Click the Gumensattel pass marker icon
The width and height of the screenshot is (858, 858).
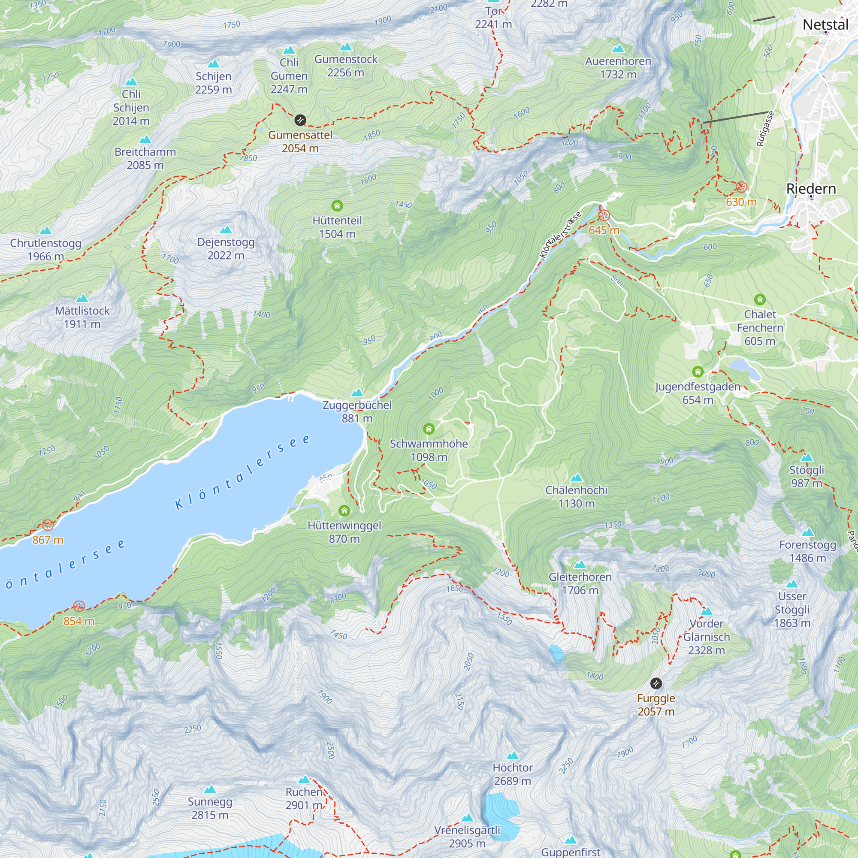(x=300, y=120)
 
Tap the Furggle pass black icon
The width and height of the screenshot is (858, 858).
(x=656, y=683)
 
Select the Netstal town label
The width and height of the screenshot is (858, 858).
(x=825, y=24)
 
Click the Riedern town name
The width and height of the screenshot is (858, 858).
(x=811, y=189)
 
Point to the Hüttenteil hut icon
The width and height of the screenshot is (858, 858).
(x=337, y=205)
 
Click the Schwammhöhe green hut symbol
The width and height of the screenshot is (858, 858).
(x=429, y=429)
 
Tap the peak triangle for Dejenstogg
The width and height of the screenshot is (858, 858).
(x=226, y=230)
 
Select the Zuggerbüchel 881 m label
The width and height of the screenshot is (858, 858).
(x=357, y=411)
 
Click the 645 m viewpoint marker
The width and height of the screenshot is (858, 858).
(x=604, y=216)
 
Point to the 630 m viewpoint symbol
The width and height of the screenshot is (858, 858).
(x=741, y=187)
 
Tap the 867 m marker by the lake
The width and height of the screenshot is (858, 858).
(x=48, y=525)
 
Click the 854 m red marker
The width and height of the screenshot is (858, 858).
(x=79, y=606)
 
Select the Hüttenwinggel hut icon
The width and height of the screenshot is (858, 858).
(x=344, y=511)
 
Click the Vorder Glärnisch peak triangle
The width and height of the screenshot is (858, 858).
(x=706, y=611)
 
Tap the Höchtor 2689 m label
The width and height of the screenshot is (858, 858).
(x=513, y=774)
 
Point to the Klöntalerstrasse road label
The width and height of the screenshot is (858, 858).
(x=560, y=236)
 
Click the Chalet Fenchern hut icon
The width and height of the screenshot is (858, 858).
(x=760, y=299)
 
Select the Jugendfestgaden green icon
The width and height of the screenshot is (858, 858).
(x=698, y=371)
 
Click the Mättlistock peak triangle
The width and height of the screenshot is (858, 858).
(x=82, y=298)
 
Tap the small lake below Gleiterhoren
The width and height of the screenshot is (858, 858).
(x=556, y=654)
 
